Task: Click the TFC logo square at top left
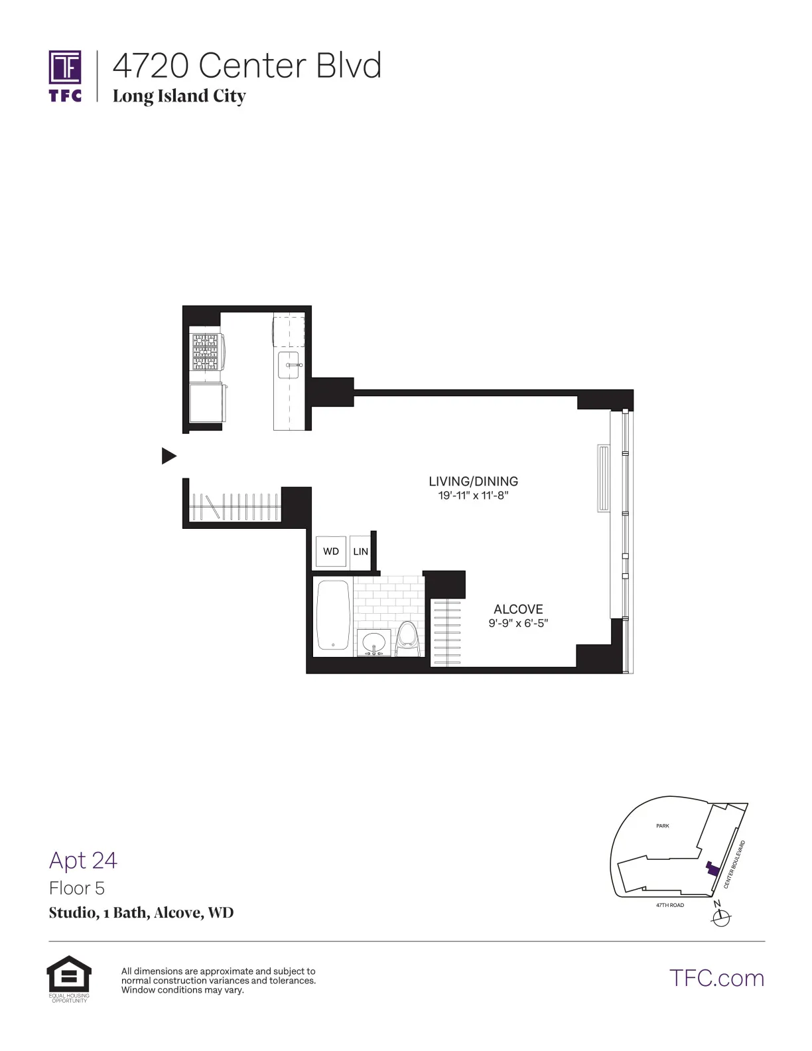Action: tap(65, 68)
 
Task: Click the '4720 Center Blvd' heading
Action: tap(247, 66)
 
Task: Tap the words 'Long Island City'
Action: tap(179, 96)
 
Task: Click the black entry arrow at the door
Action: tap(169, 456)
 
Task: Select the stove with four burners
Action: tap(206, 352)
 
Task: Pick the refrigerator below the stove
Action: tap(206, 403)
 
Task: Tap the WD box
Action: tap(330, 551)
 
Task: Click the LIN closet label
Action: tap(360, 551)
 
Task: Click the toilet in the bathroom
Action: tap(407, 638)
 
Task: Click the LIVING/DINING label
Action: tap(473, 482)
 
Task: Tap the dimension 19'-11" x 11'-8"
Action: tap(473, 496)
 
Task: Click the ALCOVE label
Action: tap(518, 609)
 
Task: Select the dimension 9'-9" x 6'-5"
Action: tap(518, 623)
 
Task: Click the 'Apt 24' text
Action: tap(84, 860)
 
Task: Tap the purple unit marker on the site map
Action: tap(712, 869)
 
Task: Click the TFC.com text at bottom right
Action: tap(716, 978)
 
